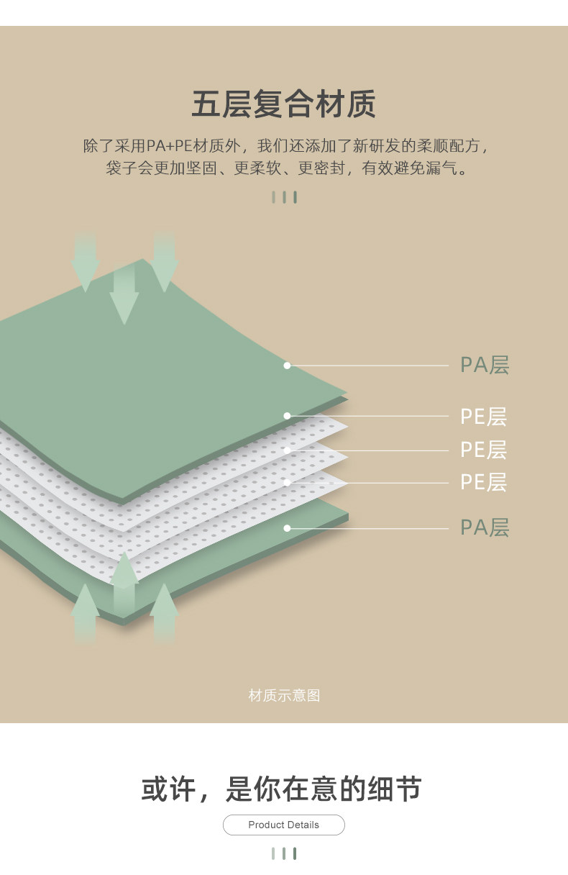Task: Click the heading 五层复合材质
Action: click(283, 104)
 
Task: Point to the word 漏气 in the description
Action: click(443, 169)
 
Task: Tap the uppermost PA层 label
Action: click(484, 365)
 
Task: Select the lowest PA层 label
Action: click(484, 527)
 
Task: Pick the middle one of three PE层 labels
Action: click(483, 450)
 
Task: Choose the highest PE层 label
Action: click(483, 416)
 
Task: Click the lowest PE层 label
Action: click(483, 482)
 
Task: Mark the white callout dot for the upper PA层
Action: click(287, 366)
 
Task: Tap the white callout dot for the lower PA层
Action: click(287, 528)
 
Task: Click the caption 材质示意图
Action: click(284, 695)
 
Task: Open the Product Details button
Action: click(284, 825)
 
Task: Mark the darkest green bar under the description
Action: click(295, 197)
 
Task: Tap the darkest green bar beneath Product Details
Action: click(295, 853)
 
